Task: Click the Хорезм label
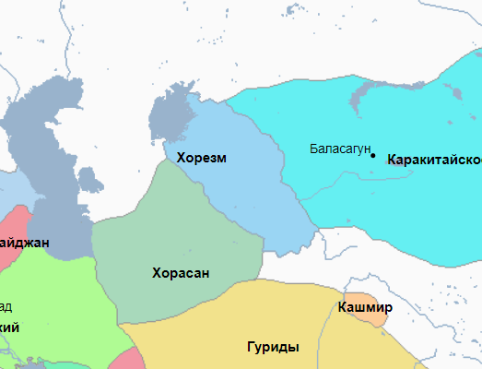[x=202, y=158]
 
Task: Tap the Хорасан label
[x=181, y=273]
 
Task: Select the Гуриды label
[x=273, y=348]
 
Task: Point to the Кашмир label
[x=366, y=307]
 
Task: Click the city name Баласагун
[x=339, y=149]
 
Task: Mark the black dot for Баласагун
[x=373, y=155]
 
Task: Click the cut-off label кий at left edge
[x=10, y=327]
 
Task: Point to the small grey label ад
[x=6, y=306]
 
